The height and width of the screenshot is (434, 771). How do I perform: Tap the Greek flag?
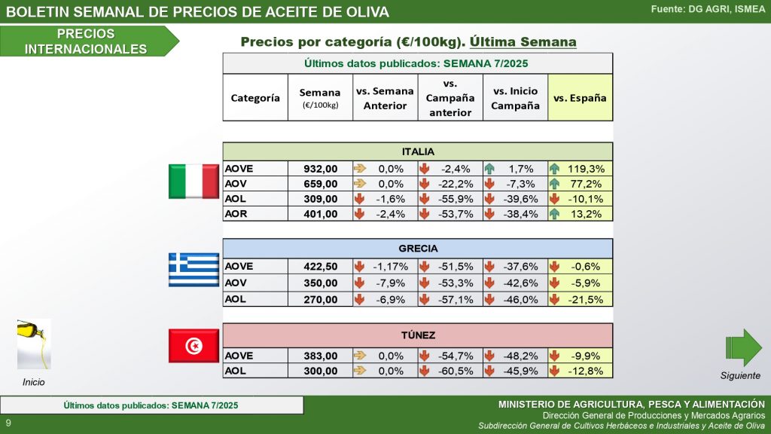pyautogui.click(x=194, y=269)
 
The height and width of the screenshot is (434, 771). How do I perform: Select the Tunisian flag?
pyautogui.click(x=194, y=346)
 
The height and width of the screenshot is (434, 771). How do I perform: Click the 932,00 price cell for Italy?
pyautogui.click(x=320, y=169)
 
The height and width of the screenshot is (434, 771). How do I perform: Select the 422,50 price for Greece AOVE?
pyautogui.click(x=320, y=266)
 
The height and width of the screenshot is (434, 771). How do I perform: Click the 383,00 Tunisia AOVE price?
pyautogui.click(x=320, y=356)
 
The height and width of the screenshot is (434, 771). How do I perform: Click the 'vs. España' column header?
pyautogui.click(x=580, y=98)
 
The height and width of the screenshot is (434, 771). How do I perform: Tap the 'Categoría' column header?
pyautogui.click(x=255, y=98)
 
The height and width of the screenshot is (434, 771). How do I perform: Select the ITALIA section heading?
pyautogui.click(x=418, y=151)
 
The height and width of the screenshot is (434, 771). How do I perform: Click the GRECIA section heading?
pyautogui.click(x=418, y=248)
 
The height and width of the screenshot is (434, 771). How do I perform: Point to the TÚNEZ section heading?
pyautogui.click(x=418, y=336)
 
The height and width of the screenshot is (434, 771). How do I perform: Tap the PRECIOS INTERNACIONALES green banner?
pyautogui.click(x=86, y=41)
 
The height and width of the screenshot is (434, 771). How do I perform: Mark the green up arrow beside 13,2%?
pyautogui.click(x=555, y=214)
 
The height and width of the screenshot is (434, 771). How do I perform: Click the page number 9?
pyautogui.click(x=8, y=423)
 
